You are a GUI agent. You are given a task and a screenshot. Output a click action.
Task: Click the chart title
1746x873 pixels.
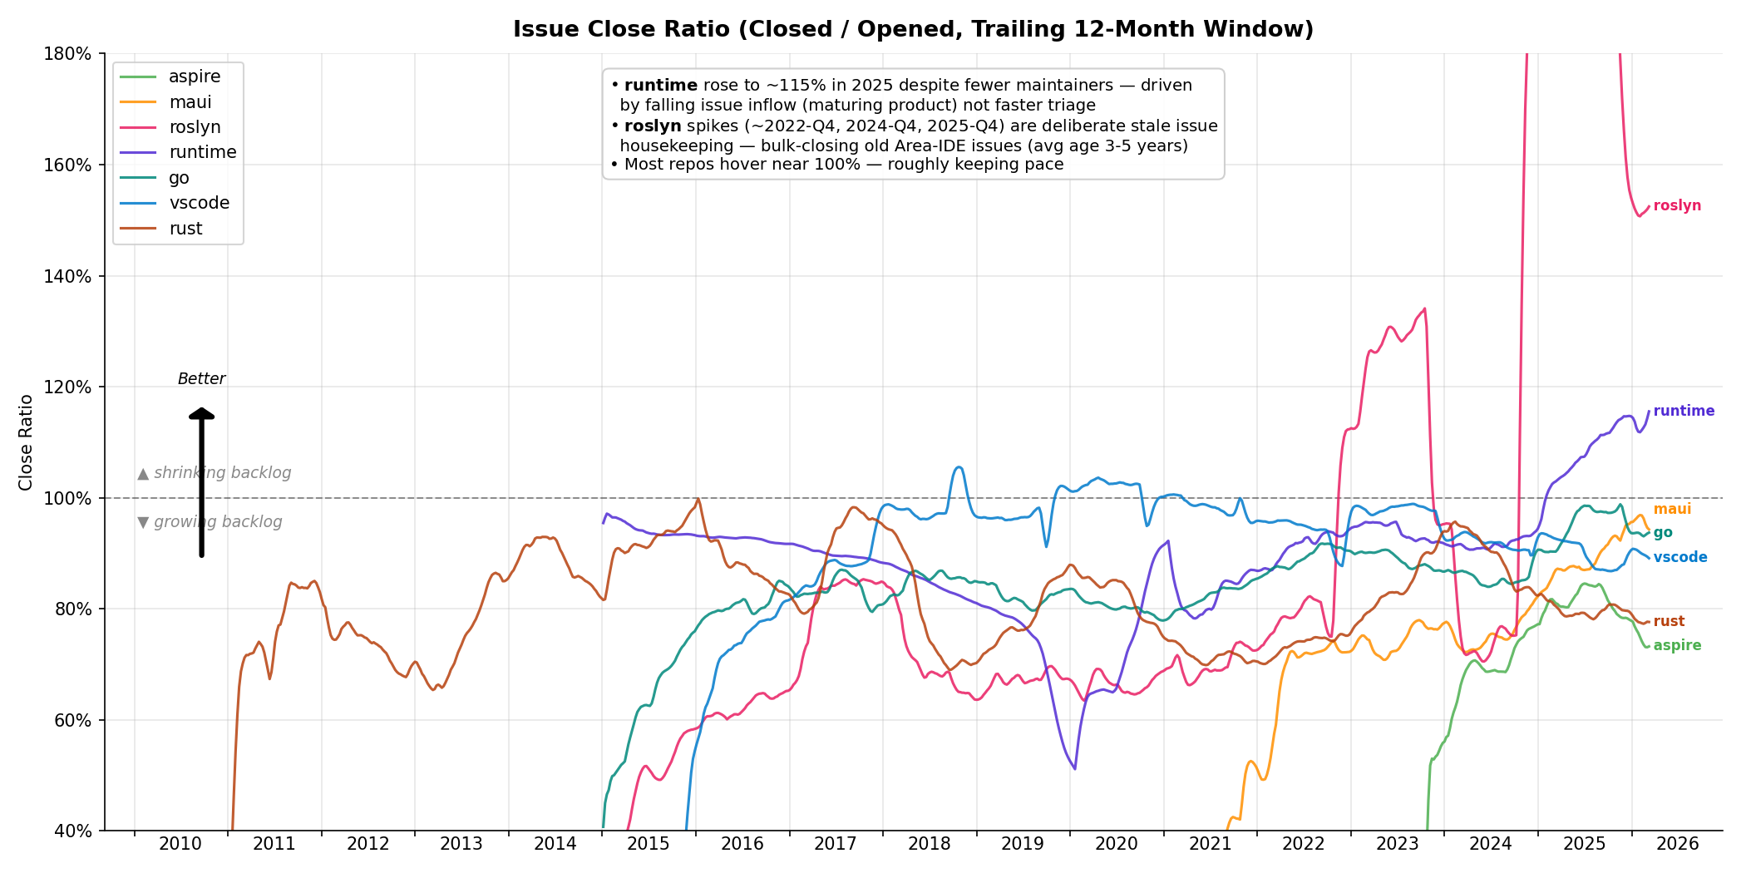click(913, 30)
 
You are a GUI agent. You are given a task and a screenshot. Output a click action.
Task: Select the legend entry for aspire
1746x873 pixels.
click(194, 76)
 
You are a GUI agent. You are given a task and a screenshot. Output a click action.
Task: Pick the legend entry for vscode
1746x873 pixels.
click(199, 203)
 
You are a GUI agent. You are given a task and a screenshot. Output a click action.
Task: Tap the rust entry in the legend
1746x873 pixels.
click(185, 229)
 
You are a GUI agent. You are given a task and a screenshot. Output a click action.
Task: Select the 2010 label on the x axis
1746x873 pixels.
click(180, 845)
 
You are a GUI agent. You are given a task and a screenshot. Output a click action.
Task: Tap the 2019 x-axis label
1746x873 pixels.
click(1023, 845)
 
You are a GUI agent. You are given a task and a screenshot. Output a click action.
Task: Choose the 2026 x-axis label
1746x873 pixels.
click(1678, 845)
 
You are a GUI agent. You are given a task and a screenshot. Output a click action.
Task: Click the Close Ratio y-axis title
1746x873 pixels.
click(26, 442)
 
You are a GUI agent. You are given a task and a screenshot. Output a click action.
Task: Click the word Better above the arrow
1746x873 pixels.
click(201, 379)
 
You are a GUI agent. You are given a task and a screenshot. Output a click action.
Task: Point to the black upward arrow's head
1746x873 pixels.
click(201, 413)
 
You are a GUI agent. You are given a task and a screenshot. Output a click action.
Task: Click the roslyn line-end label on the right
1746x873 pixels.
click(1677, 206)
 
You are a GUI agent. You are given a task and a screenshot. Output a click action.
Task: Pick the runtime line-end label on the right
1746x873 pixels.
click(1684, 412)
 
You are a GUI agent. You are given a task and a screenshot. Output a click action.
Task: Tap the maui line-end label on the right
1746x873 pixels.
click(1672, 510)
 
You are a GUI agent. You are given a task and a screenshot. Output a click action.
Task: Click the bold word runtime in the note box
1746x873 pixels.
click(661, 86)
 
